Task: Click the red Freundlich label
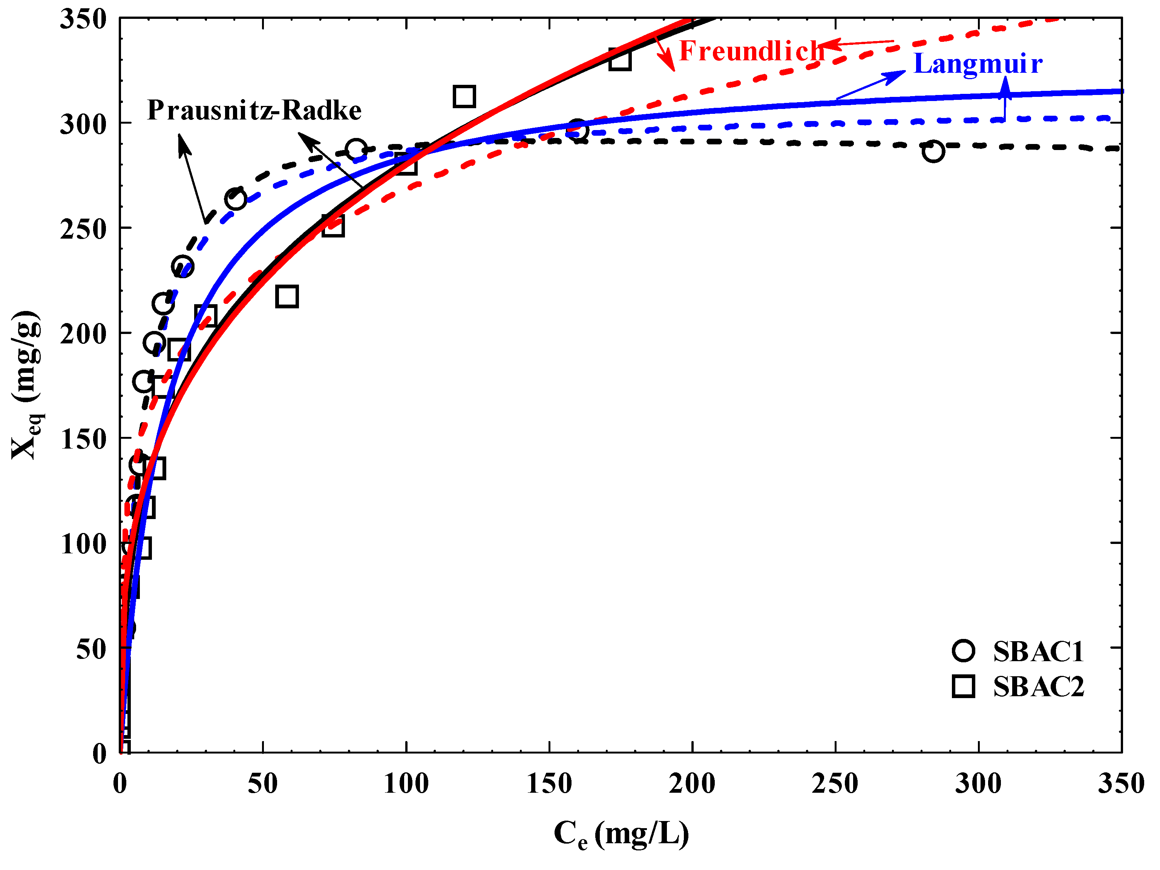pos(751,51)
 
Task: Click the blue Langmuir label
pos(978,64)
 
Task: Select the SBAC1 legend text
pos(1038,652)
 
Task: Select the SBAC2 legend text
pos(1038,687)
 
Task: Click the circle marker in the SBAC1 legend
pos(963,651)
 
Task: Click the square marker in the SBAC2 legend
pos(963,686)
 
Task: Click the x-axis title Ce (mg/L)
pos(621,834)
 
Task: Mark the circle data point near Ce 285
pos(933,152)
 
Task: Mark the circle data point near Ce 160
pos(578,129)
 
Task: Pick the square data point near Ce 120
pos(464,96)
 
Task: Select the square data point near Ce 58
pos(287,297)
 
